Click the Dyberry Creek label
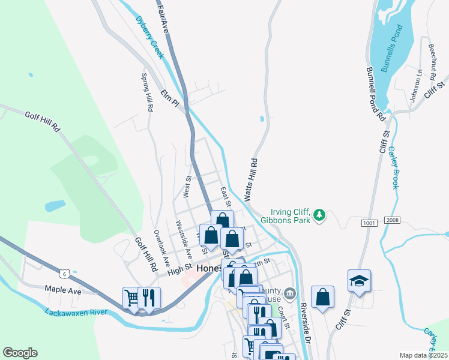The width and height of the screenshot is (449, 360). pos(149,37)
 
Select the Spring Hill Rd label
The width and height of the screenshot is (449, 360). pos(147,92)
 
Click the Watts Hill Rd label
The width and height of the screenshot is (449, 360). pos(251,179)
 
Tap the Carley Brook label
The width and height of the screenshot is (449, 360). pos(393,168)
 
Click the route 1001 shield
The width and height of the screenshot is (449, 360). pos(369,223)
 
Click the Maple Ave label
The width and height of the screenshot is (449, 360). pos(63,290)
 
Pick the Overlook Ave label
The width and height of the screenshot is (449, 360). pos(157,246)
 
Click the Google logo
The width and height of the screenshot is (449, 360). pos(20,353)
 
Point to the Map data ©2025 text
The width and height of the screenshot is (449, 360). pos(423,355)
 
